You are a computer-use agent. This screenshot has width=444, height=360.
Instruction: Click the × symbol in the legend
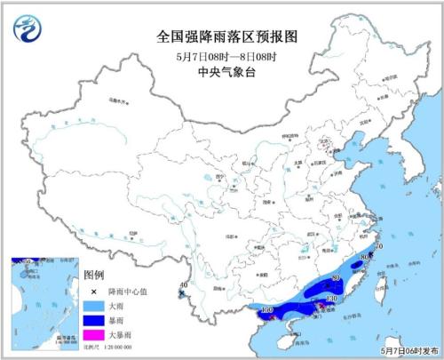93,291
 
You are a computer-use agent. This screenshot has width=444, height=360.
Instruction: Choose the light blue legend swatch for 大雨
93,305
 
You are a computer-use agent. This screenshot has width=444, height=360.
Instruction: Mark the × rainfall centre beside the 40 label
182,292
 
